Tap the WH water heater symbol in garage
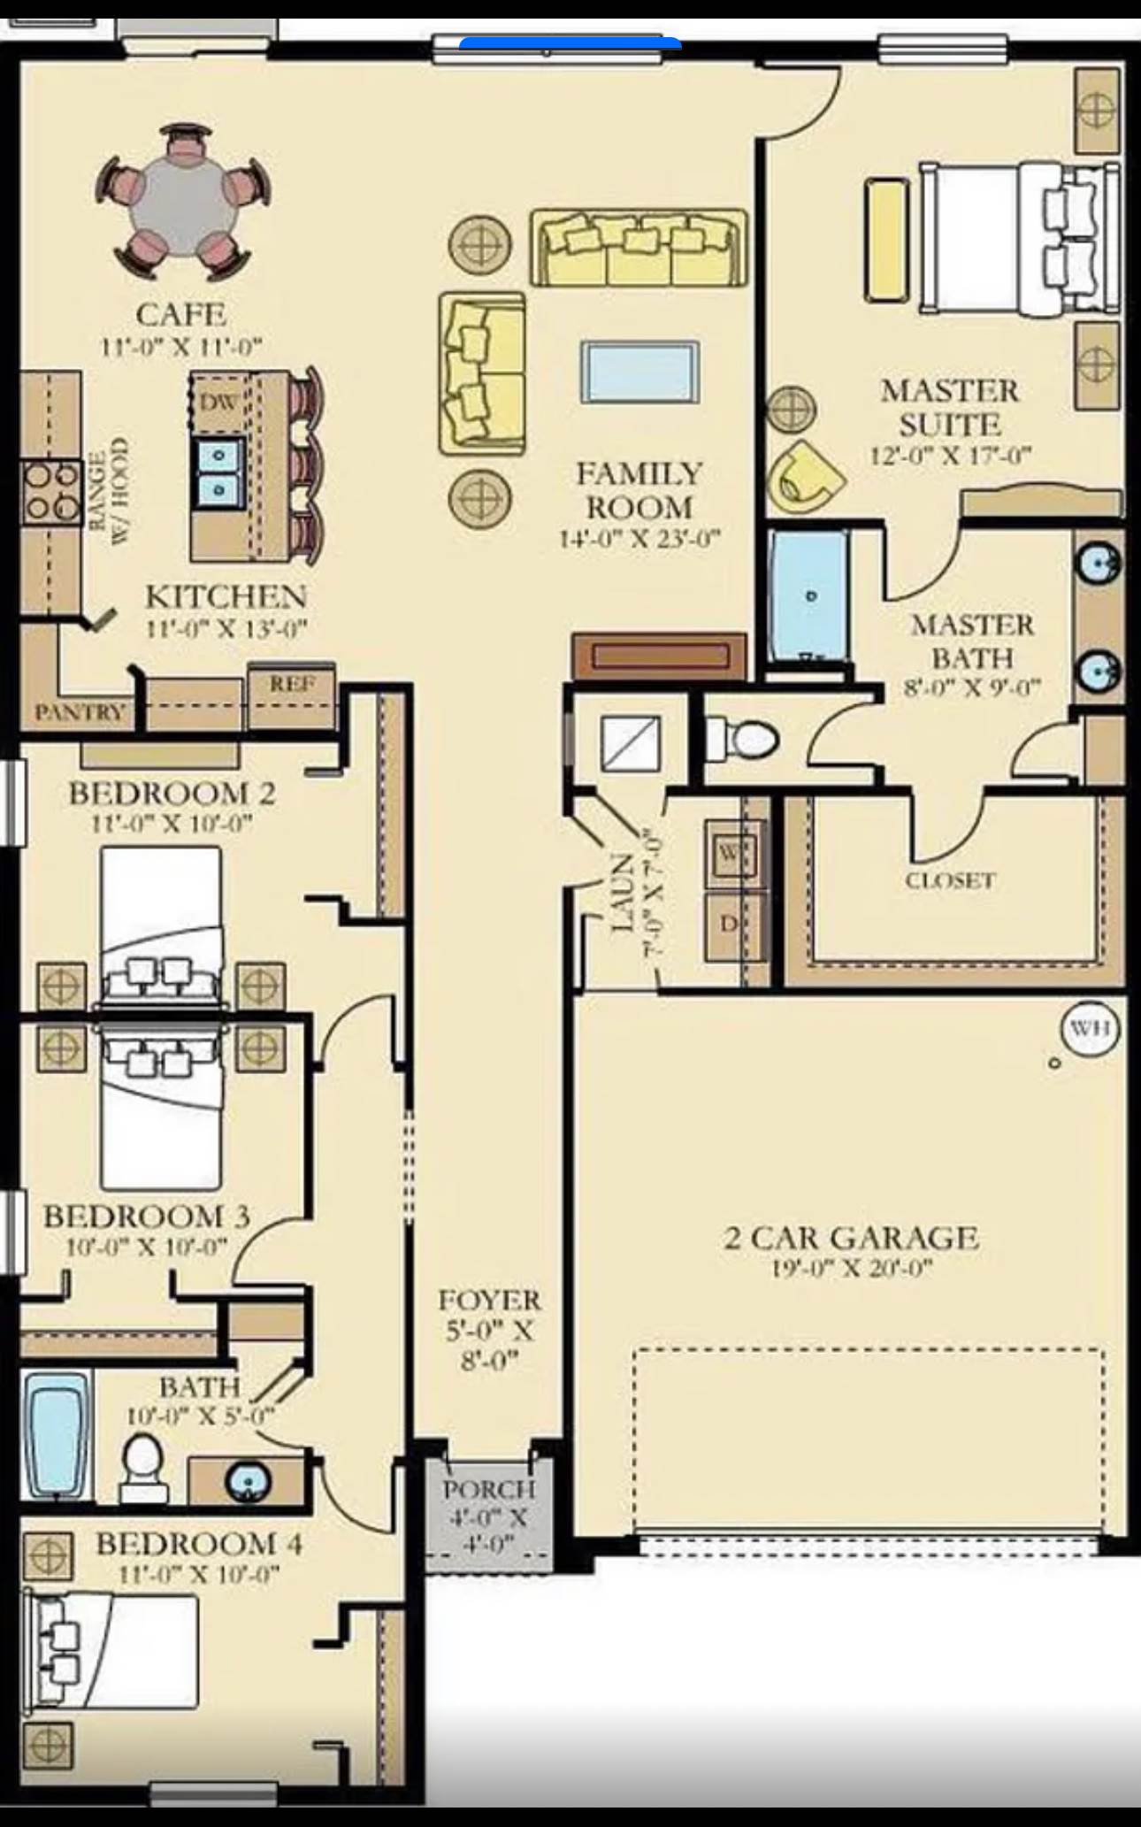(x=1090, y=1029)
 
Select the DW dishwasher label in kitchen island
(x=218, y=403)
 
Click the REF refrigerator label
(x=292, y=684)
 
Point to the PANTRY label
(x=80, y=712)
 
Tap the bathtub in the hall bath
(x=56, y=1436)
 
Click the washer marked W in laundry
(x=729, y=853)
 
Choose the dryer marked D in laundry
(x=729, y=925)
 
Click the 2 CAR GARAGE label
(x=851, y=1238)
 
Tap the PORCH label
(x=489, y=1490)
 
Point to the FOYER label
(x=489, y=1301)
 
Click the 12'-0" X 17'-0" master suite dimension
(x=950, y=457)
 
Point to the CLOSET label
(x=950, y=880)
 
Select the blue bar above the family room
(x=570, y=42)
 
